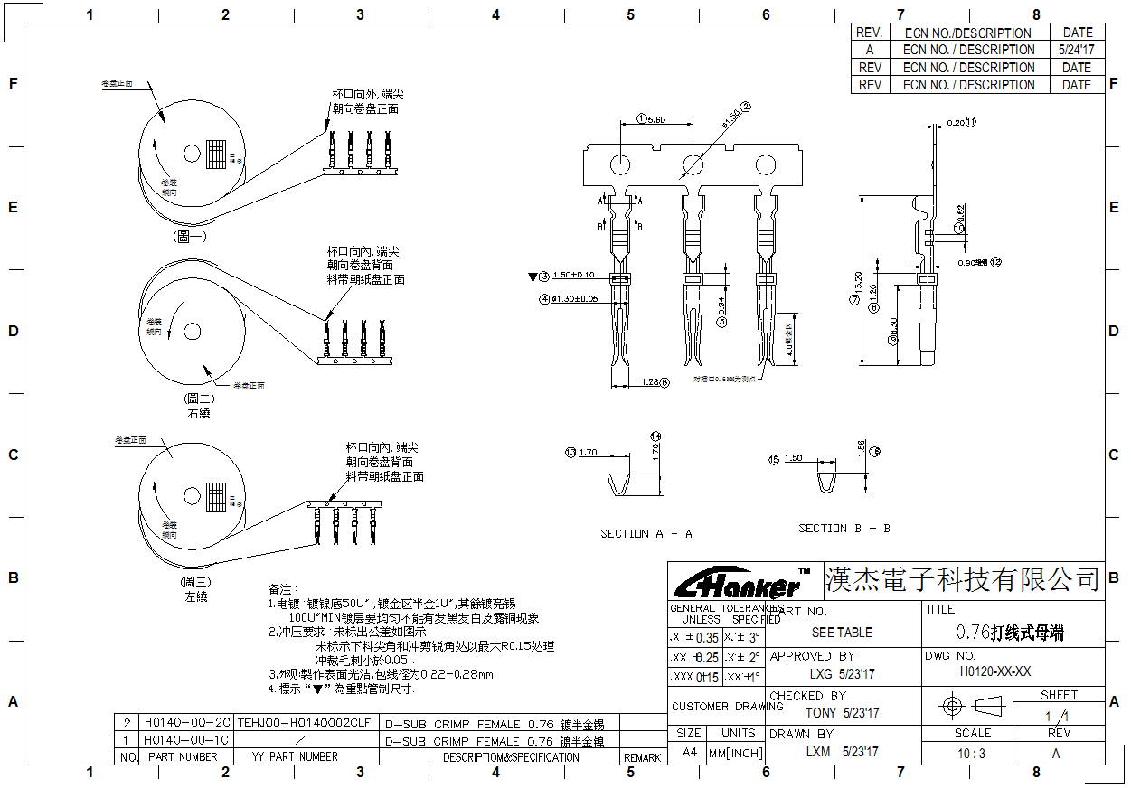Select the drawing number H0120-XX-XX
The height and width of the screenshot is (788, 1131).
pos(995,671)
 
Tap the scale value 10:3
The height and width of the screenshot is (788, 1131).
pos(972,753)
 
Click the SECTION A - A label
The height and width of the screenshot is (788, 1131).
pos(646,534)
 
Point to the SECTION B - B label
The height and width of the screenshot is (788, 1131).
pos(844,528)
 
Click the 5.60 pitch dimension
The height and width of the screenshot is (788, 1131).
pos(656,119)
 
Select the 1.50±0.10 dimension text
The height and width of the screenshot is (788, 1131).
pos(573,275)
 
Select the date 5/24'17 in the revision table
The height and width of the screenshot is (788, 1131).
pos(1076,50)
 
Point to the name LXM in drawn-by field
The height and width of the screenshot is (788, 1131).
pos(818,752)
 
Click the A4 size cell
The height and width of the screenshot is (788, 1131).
pos(689,753)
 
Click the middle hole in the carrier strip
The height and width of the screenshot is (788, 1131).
pos(693,164)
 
